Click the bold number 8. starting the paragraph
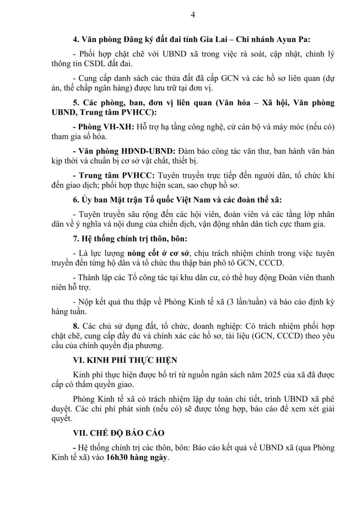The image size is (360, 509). click(x=76, y=326)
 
